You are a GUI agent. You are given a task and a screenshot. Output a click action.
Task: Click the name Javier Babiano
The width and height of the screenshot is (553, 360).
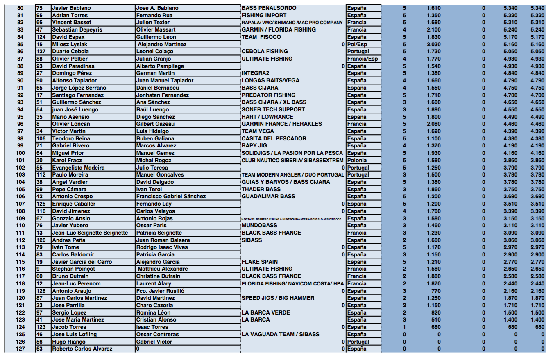(x=71, y=8)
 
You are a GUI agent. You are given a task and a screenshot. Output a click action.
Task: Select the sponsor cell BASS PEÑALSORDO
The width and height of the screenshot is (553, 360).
(x=269, y=8)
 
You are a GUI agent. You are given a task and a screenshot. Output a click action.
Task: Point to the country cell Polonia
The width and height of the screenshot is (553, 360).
(x=357, y=160)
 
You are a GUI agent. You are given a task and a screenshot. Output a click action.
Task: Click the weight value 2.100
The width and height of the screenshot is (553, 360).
(x=433, y=30)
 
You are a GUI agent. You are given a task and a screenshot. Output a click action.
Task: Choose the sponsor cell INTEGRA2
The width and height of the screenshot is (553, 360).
(x=255, y=73)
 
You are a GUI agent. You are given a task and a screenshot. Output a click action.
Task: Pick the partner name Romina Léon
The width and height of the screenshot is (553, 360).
(x=153, y=312)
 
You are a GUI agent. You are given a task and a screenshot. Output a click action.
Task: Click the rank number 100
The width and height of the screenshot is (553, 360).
(x=20, y=153)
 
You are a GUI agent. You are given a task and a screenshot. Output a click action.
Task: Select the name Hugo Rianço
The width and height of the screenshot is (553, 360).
(x=69, y=342)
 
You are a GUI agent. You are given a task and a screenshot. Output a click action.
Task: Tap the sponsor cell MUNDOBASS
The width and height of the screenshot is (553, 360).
(x=259, y=225)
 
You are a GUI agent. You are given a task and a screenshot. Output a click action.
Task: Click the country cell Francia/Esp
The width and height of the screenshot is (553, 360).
(x=363, y=59)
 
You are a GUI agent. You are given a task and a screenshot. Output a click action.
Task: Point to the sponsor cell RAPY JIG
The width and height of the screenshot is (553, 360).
(x=255, y=145)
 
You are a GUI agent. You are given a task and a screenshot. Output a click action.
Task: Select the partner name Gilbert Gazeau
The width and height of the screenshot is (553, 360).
(x=155, y=124)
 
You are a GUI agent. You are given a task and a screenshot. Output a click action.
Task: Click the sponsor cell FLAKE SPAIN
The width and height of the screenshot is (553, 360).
(x=260, y=262)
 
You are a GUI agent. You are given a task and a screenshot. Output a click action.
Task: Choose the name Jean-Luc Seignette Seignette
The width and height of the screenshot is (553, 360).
(x=90, y=233)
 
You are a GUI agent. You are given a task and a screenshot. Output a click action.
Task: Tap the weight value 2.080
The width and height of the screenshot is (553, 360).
(x=433, y=124)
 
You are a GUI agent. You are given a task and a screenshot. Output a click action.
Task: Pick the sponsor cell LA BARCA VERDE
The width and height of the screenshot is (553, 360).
(x=265, y=312)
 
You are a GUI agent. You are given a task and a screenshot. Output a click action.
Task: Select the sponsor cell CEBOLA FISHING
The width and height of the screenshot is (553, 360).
(x=265, y=52)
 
